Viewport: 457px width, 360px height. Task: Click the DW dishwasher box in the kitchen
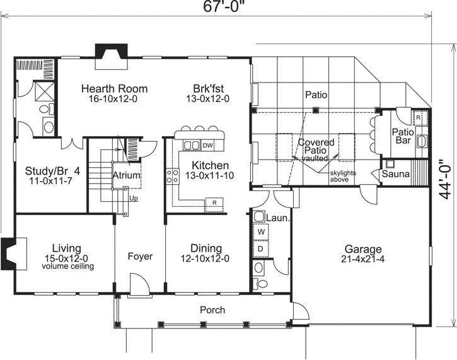[x=207, y=146]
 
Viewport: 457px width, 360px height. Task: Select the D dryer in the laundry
[x=260, y=248]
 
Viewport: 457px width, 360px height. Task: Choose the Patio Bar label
[x=402, y=137]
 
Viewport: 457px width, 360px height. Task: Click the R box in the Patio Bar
[x=418, y=118]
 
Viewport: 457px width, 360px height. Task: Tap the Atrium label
[x=126, y=175]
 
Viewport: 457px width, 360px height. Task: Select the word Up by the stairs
[x=133, y=198]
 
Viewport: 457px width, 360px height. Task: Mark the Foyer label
[x=139, y=257]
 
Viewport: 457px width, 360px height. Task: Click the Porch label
[x=212, y=310]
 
